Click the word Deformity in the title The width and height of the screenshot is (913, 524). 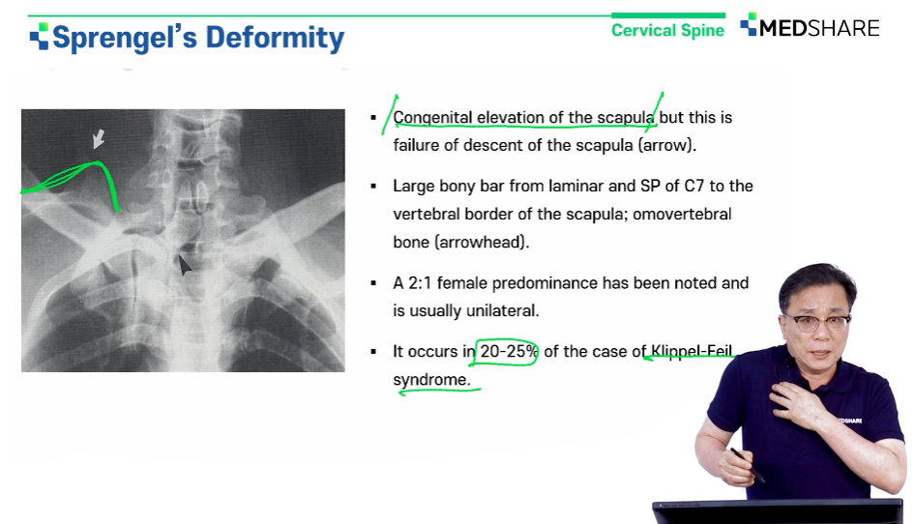(x=275, y=39)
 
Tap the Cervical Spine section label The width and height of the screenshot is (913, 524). (x=668, y=30)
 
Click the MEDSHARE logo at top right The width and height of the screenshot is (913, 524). (x=810, y=27)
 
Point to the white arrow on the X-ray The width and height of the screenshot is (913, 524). (x=99, y=138)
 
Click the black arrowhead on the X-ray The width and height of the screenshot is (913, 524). (x=184, y=266)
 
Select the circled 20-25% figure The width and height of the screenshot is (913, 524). (x=508, y=352)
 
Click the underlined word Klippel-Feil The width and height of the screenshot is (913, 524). (x=692, y=351)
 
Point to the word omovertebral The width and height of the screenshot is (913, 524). (x=682, y=215)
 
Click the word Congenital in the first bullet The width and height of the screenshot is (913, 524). (x=432, y=118)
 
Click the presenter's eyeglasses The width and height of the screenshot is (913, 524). (x=817, y=323)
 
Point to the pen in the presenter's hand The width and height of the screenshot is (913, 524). (x=747, y=465)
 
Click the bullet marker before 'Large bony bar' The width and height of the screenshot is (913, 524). (x=374, y=187)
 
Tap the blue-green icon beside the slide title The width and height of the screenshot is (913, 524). (x=39, y=36)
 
